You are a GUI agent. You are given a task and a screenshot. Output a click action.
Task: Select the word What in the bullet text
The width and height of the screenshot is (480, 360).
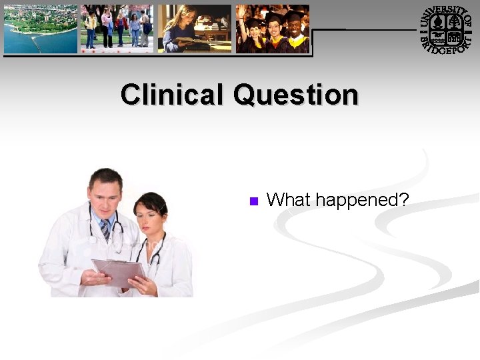pyautogui.click(x=289, y=199)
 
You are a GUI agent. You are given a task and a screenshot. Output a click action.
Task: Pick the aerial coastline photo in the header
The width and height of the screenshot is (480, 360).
pyautogui.click(x=41, y=29)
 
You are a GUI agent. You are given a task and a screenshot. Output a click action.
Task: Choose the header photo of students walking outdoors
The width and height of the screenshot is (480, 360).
pyautogui.click(x=117, y=29)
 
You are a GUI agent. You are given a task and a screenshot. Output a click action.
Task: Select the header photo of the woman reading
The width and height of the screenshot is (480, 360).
pyautogui.click(x=194, y=29)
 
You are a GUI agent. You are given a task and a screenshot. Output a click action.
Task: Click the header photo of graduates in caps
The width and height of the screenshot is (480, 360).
pyautogui.click(x=272, y=29)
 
